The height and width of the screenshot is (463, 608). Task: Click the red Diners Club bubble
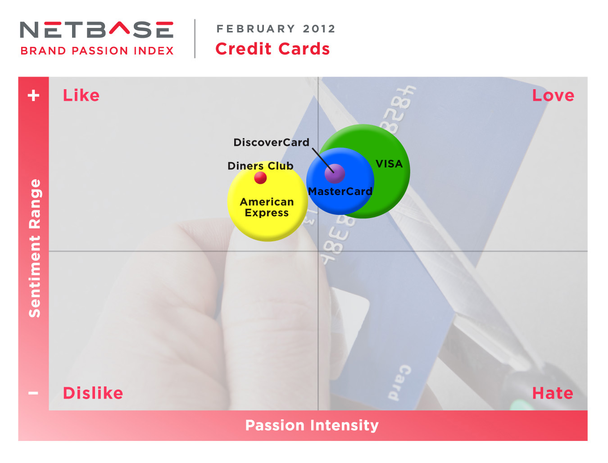260,177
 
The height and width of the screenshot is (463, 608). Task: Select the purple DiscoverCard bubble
334,174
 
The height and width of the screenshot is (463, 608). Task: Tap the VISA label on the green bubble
389,163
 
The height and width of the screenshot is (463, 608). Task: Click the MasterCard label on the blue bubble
340,191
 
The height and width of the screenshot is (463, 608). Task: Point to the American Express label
267,207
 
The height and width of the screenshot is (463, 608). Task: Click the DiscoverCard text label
271,142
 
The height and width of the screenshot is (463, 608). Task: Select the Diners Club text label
260,166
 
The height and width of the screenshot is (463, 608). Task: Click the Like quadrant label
81,95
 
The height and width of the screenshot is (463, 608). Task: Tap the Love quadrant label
553,95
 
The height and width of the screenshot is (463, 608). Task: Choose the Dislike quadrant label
93,393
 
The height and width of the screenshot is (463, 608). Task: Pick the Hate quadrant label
553,393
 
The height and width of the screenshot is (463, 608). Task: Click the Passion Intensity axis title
312,425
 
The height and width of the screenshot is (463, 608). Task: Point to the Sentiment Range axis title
35,248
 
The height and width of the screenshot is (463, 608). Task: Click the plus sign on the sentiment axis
33,95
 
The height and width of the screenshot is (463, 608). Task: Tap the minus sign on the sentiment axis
33,393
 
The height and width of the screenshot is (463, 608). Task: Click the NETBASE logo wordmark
97,29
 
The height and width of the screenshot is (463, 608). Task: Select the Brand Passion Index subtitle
97,51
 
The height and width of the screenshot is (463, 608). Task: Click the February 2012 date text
276,28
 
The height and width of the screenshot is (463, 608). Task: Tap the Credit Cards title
272,49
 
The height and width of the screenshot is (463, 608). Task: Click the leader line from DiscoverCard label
323,160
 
